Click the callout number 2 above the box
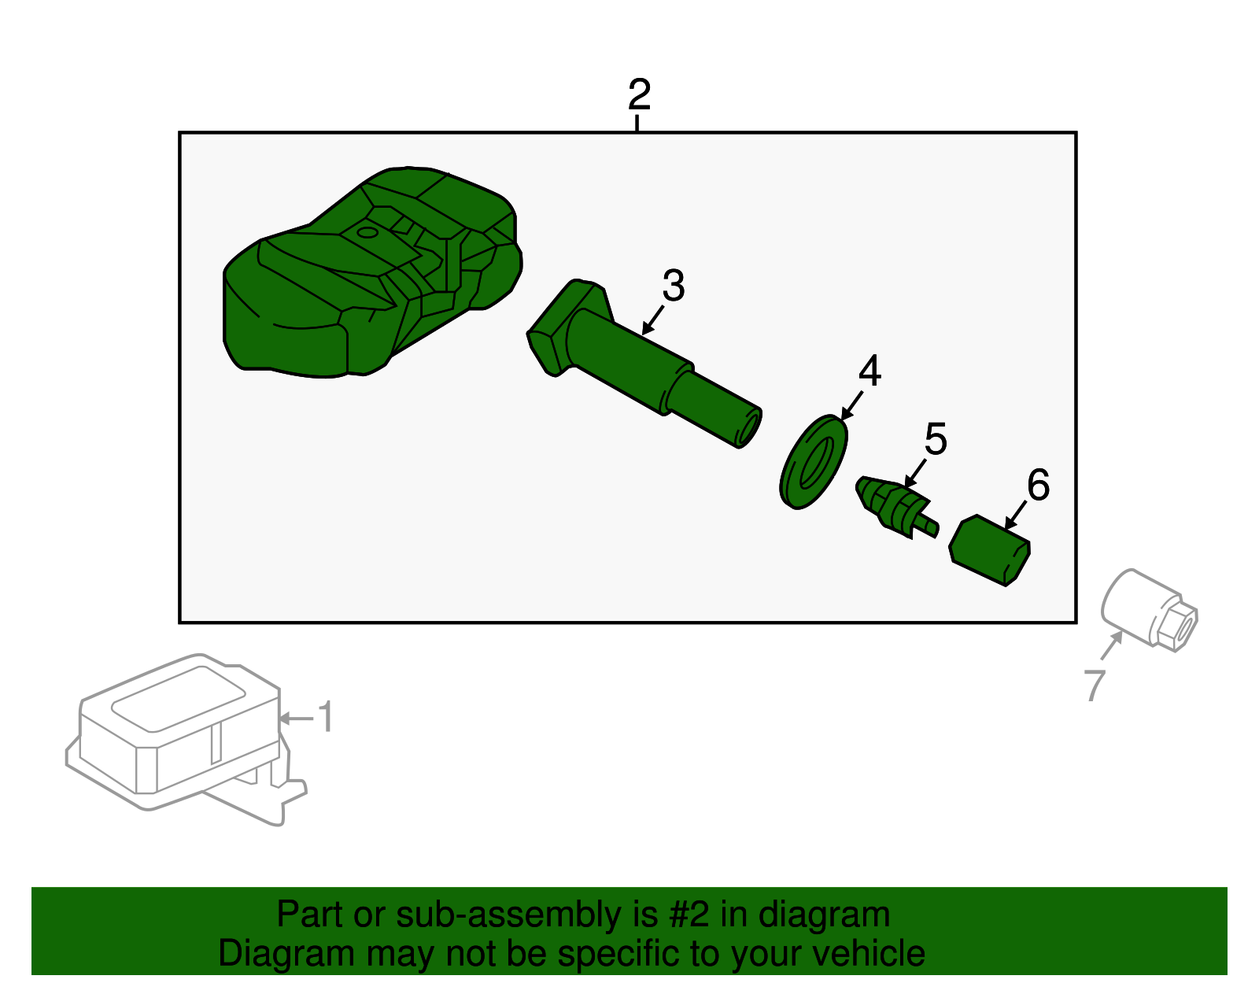(639, 94)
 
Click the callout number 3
(674, 285)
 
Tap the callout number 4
(869, 371)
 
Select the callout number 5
(936, 438)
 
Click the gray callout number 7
(1095, 686)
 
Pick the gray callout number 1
(327, 716)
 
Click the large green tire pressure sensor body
(371, 273)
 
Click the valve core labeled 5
(896, 508)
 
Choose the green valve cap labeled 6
(989, 550)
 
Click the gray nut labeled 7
(1149, 611)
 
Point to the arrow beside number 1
(296, 719)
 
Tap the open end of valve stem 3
(750, 428)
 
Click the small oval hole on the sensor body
(367, 233)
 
